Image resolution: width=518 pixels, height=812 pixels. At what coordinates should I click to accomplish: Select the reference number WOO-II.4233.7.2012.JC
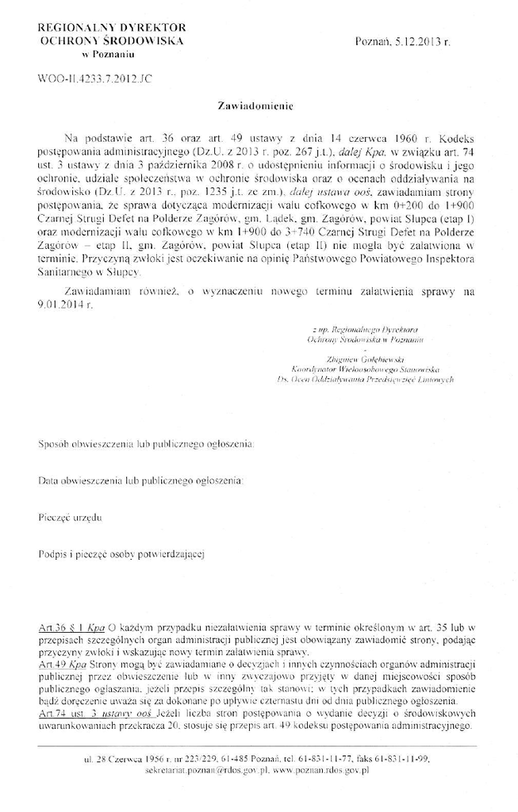(87, 79)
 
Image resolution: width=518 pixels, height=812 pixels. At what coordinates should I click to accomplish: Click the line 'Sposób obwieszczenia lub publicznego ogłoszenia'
(146, 445)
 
